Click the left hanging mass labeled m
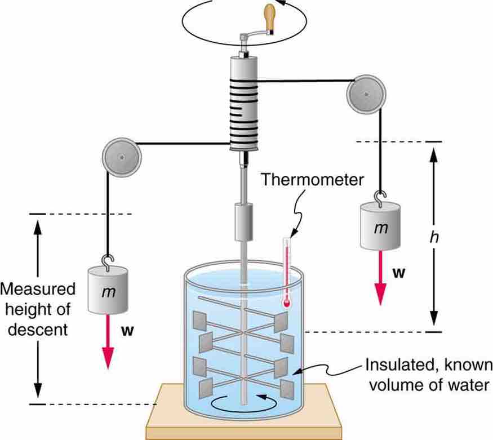[108, 291]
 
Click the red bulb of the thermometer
[287, 303]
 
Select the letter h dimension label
[433, 237]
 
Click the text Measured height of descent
[38, 309]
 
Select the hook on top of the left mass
[107, 260]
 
